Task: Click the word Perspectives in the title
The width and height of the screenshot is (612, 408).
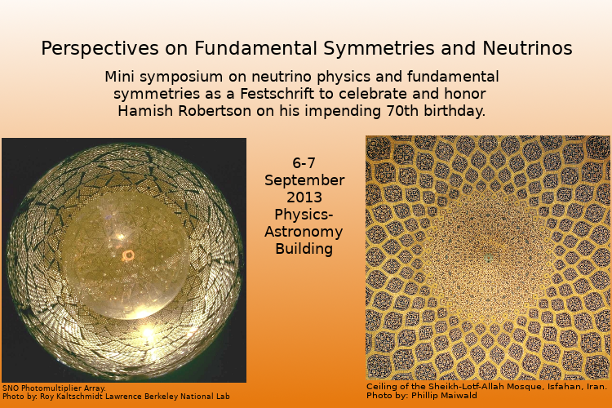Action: coord(100,49)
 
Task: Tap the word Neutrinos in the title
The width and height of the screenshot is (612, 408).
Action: coord(527,48)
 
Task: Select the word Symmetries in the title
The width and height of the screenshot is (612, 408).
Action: coord(379,49)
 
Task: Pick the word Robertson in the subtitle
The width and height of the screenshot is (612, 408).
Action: coord(215,111)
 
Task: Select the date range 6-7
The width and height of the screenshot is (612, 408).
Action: coord(304,163)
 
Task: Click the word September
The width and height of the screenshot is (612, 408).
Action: coord(304,181)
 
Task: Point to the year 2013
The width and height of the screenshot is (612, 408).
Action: coord(304,197)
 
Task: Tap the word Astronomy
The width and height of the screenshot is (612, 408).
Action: coord(304,232)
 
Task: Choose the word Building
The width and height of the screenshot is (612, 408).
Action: coord(304,249)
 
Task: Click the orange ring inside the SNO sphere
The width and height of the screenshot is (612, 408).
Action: coord(128,255)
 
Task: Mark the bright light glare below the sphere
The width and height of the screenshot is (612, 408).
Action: coord(148,332)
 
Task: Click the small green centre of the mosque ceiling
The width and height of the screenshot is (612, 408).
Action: coord(488,258)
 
